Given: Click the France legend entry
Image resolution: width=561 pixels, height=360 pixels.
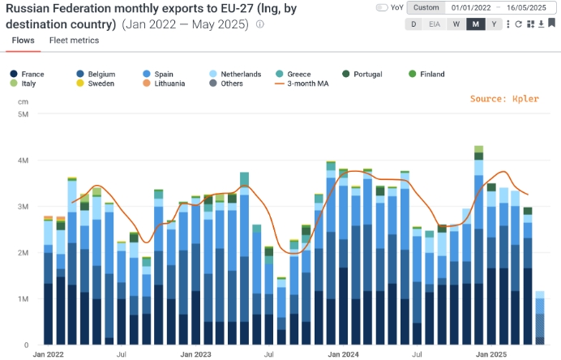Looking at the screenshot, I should [32, 74].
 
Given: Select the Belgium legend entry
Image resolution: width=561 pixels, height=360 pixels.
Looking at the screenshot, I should [101, 74].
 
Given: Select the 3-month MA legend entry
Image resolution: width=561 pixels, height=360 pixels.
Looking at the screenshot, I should [304, 84].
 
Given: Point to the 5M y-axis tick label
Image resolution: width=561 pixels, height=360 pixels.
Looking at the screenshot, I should [23, 114].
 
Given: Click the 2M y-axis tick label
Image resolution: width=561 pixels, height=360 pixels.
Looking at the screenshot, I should [23, 253].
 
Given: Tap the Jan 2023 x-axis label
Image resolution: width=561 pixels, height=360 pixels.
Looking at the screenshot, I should [195, 355].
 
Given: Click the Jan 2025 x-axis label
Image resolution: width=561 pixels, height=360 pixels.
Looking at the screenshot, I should [492, 355].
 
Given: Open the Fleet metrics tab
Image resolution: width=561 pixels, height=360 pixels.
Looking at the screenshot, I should [74, 40].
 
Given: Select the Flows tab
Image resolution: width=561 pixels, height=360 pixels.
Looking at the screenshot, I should [24, 40].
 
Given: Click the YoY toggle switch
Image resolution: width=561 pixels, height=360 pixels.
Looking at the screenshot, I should [382, 7].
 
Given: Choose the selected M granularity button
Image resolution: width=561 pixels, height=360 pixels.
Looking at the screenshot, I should [476, 24].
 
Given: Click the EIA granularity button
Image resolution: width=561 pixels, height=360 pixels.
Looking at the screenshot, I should [435, 24].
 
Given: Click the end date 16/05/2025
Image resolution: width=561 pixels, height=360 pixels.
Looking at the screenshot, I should [527, 7].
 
